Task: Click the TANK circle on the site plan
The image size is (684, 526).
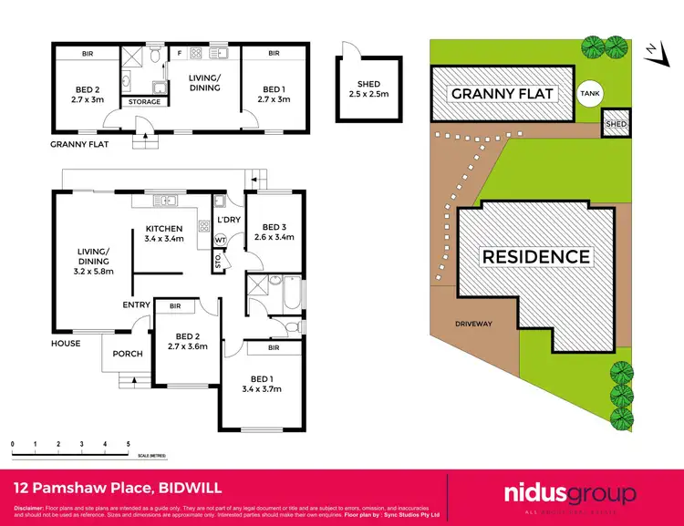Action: click(x=590, y=92)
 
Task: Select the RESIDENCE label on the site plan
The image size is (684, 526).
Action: click(x=535, y=256)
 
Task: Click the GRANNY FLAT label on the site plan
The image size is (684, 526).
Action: click(x=503, y=93)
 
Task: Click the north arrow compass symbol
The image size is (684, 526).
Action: click(x=653, y=53)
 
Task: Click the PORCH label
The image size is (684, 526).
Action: click(x=127, y=354)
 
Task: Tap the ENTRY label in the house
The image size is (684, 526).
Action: click(x=136, y=304)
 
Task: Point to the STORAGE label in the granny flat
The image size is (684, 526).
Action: click(x=143, y=102)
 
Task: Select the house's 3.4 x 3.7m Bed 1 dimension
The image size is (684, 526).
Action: click(x=261, y=389)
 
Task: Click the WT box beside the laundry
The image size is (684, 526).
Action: click(x=220, y=241)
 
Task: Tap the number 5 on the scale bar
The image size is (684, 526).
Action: click(x=128, y=444)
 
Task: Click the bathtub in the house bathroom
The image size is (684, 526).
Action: click(x=289, y=294)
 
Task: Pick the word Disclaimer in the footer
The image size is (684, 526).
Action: click(x=32, y=508)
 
